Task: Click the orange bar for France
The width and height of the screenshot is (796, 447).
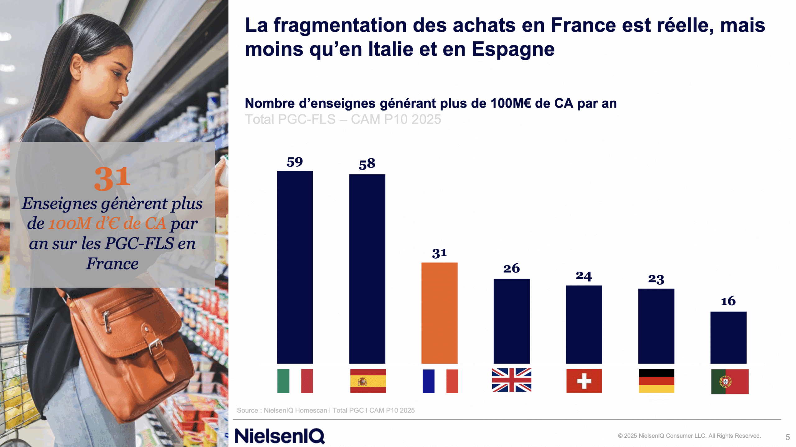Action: (x=439, y=313)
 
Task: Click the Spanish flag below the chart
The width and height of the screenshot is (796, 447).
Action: (x=368, y=381)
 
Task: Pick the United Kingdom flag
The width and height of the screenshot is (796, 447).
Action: (x=511, y=380)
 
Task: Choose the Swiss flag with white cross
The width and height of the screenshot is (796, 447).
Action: (x=584, y=381)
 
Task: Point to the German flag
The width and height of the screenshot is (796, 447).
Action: (x=656, y=381)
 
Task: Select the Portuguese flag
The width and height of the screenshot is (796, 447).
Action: (x=729, y=381)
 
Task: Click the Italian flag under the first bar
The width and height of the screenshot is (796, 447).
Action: (x=295, y=381)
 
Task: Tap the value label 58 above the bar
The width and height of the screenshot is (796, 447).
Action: (x=367, y=164)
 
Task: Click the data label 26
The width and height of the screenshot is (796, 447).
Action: (x=511, y=268)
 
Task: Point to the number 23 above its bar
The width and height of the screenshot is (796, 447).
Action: (x=656, y=279)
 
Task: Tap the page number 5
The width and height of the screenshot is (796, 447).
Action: (x=787, y=437)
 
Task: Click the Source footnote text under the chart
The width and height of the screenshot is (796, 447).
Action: (x=326, y=410)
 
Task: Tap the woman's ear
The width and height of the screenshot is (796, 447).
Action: (x=76, y=67)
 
